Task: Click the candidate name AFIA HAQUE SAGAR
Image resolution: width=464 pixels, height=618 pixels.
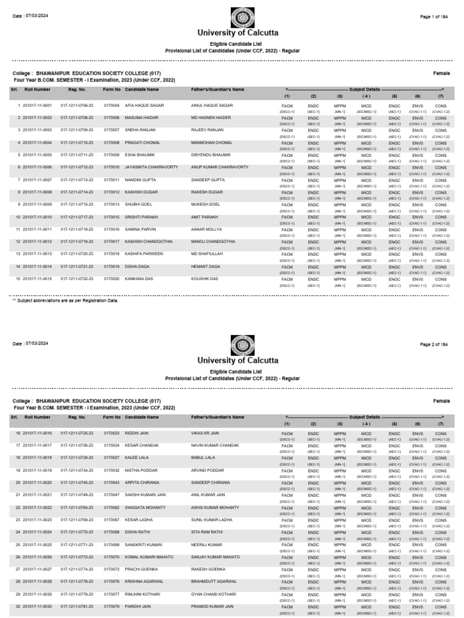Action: [144, 105]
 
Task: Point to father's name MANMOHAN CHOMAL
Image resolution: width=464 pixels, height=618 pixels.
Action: [211, 142]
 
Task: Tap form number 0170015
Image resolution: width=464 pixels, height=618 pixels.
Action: [112, 217]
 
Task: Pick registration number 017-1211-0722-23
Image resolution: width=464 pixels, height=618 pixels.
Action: [77, 279]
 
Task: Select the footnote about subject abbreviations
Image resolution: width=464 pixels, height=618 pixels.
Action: [65, 300]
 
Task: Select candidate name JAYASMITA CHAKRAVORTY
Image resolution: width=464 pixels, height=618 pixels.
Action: [151, 167]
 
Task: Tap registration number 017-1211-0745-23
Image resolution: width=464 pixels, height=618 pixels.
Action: [77, 482]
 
